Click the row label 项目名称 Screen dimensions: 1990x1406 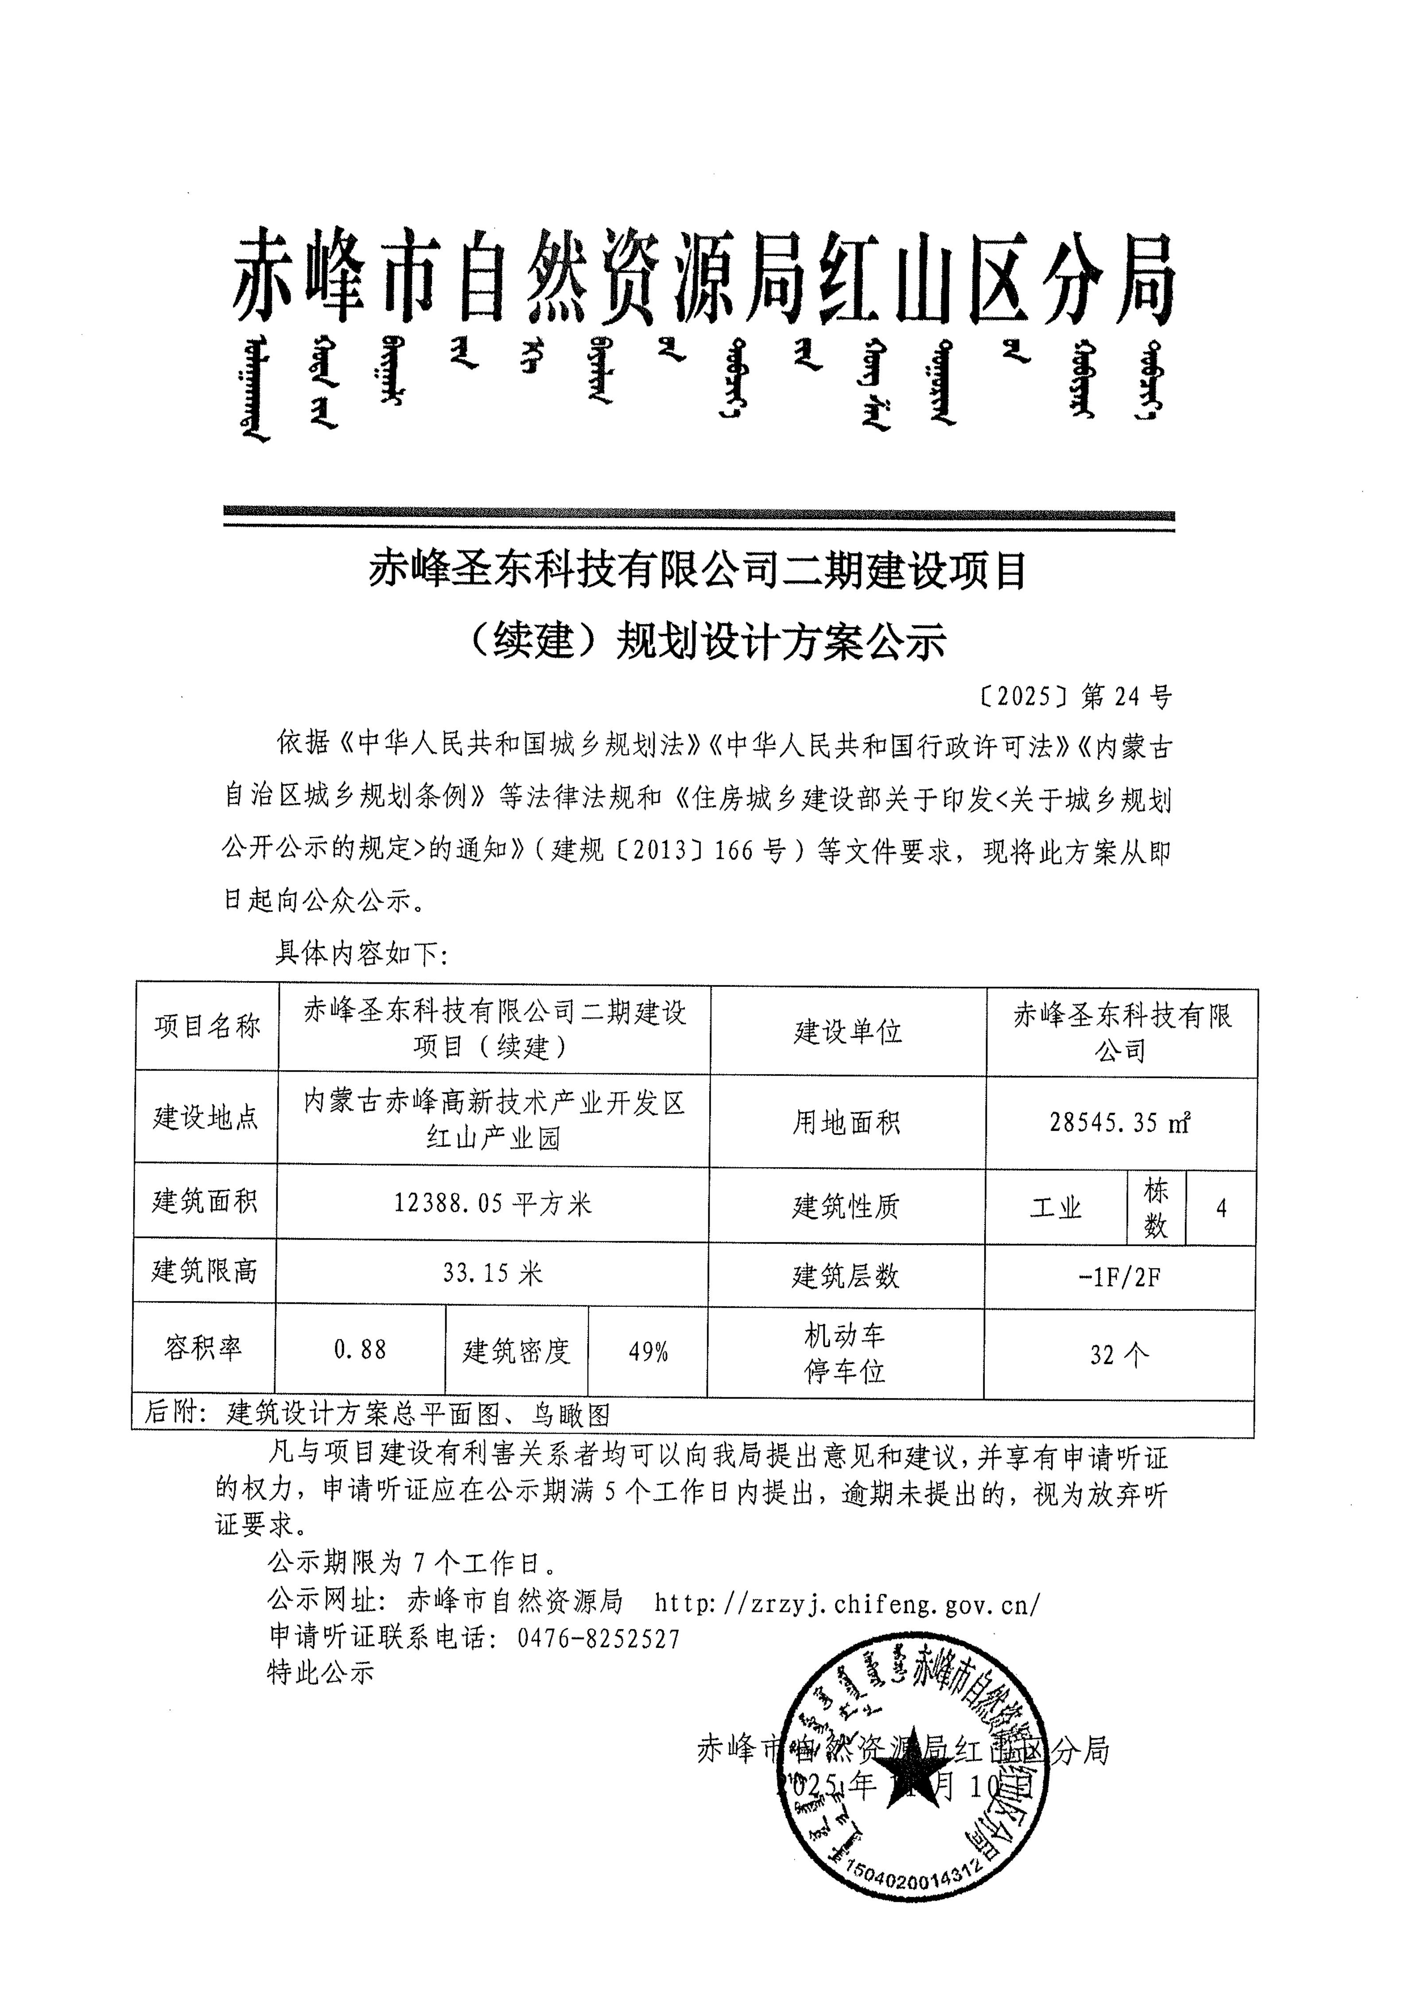(x=207, y=1027)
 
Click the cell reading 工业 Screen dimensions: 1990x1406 (x=1056, y=1208)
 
